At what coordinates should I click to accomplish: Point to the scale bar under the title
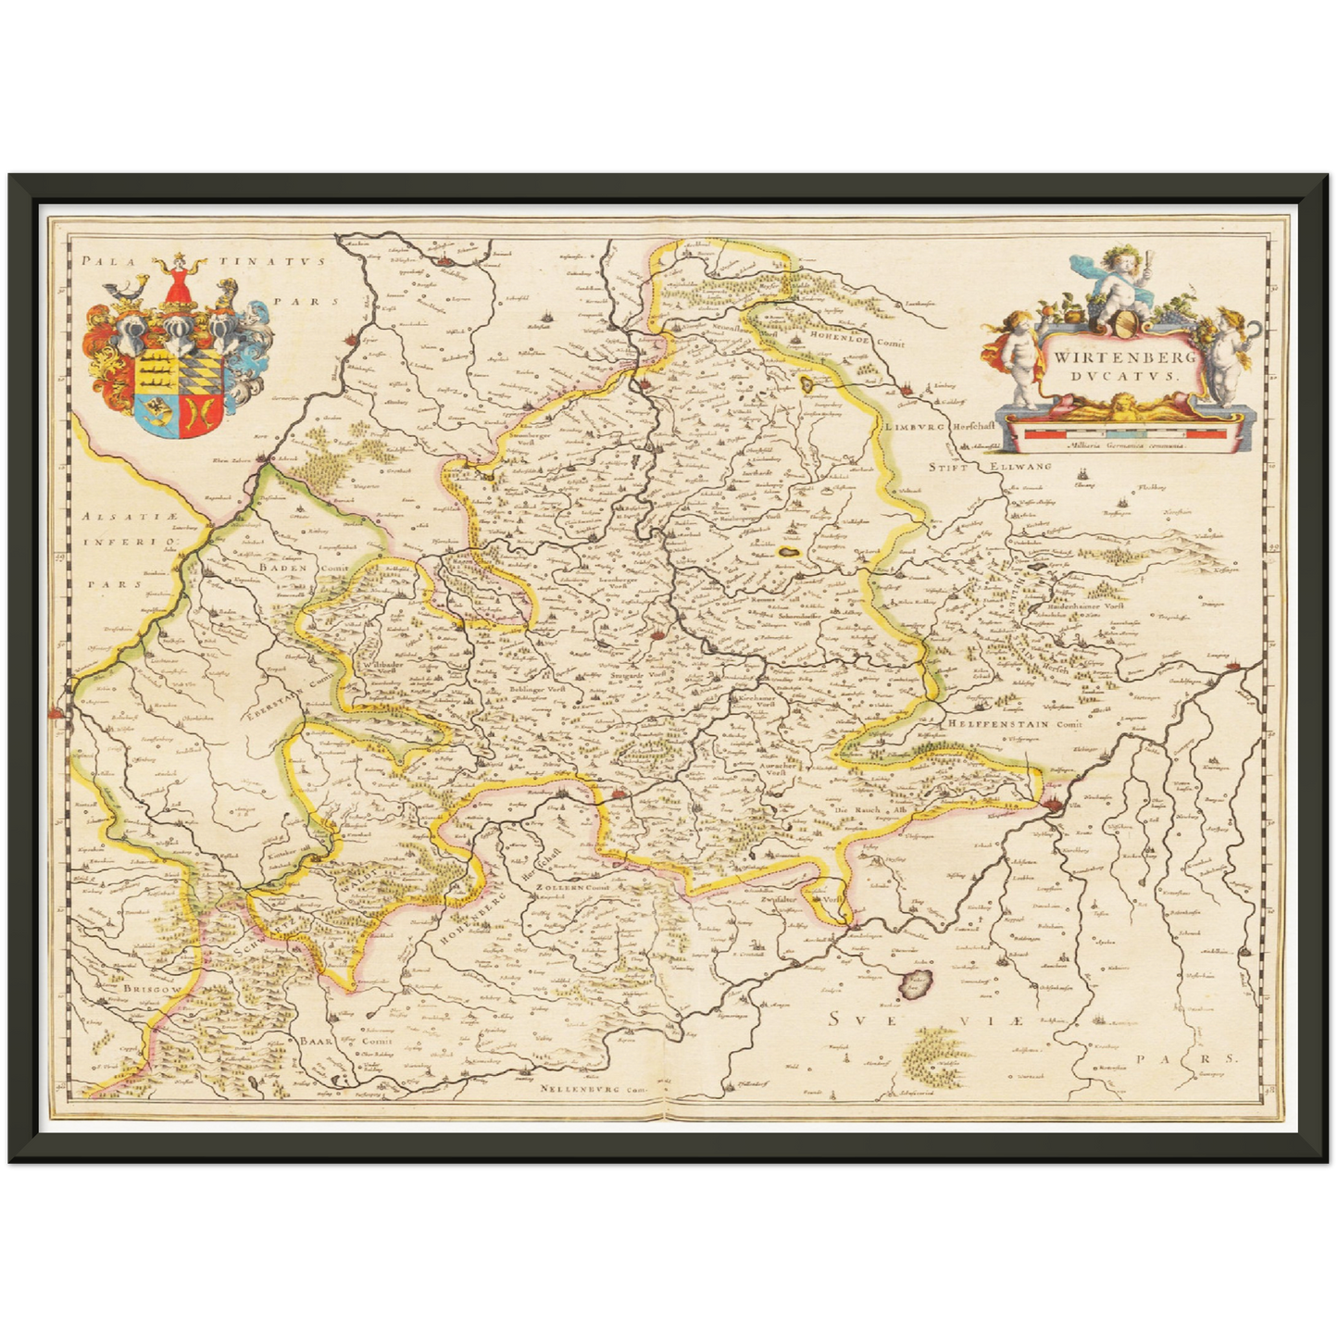(1125, 431)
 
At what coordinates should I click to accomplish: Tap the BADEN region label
(282, 568)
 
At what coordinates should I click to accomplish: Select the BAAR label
(312, 1041)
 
